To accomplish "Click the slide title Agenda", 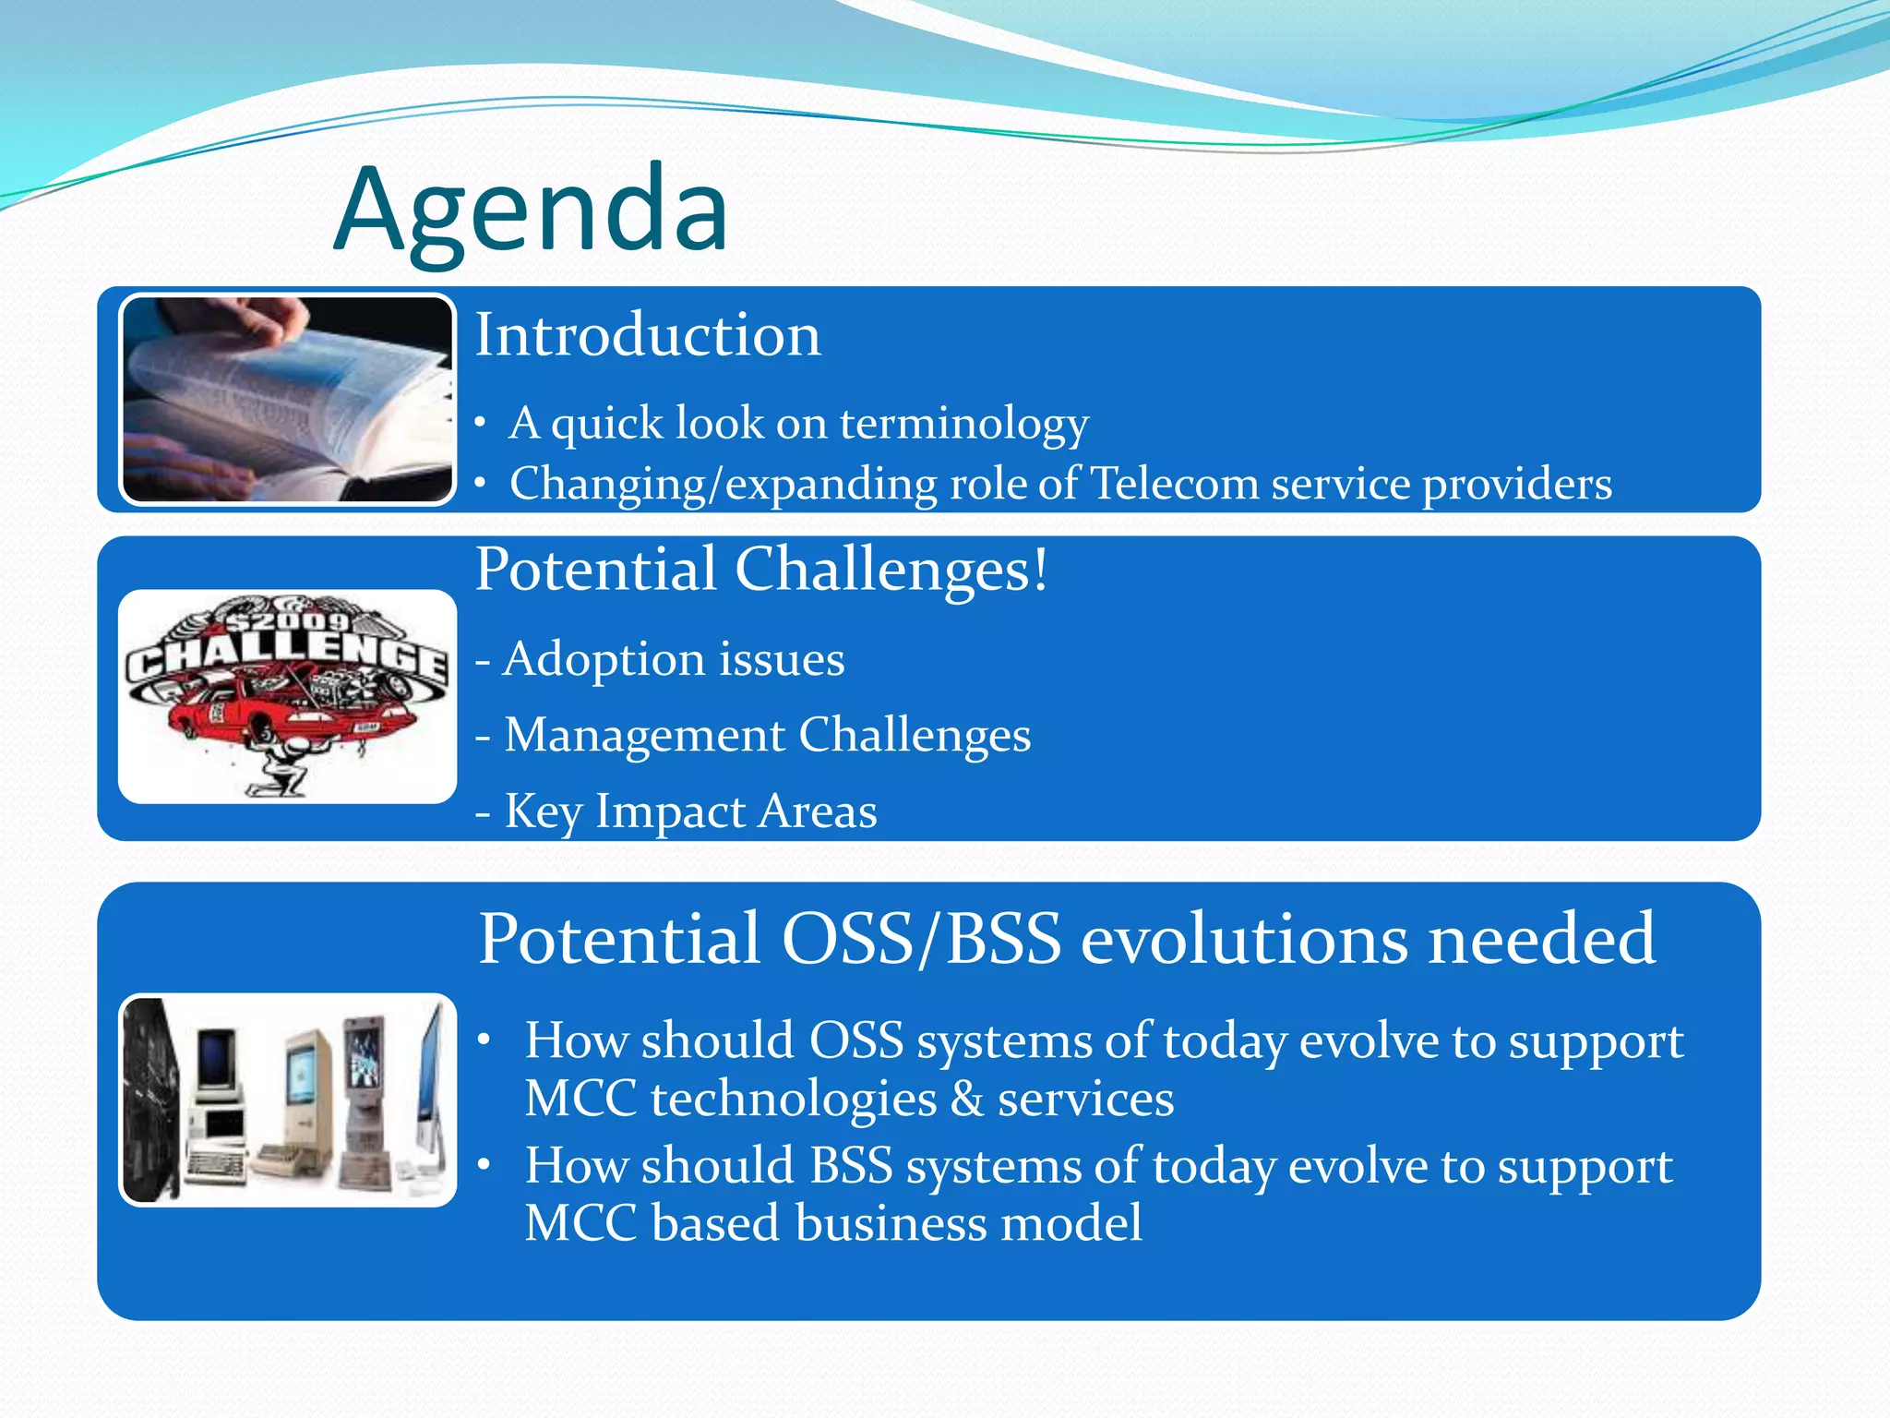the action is [532, 210].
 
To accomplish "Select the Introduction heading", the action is [647, 334].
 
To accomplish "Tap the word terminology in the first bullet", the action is [963, 424].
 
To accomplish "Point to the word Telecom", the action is [1174, 484].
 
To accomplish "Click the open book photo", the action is [287, 399].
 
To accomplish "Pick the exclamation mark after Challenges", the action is [1040, 570].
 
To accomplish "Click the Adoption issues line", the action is [661, 659].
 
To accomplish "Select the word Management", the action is [644, 736].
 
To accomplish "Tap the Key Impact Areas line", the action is [676, 811].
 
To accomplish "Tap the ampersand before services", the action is [966, 1099].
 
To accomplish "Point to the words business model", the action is [968, 1223].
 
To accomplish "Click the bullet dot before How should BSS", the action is [484, 1166].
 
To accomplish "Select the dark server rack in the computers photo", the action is [153, 1099].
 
